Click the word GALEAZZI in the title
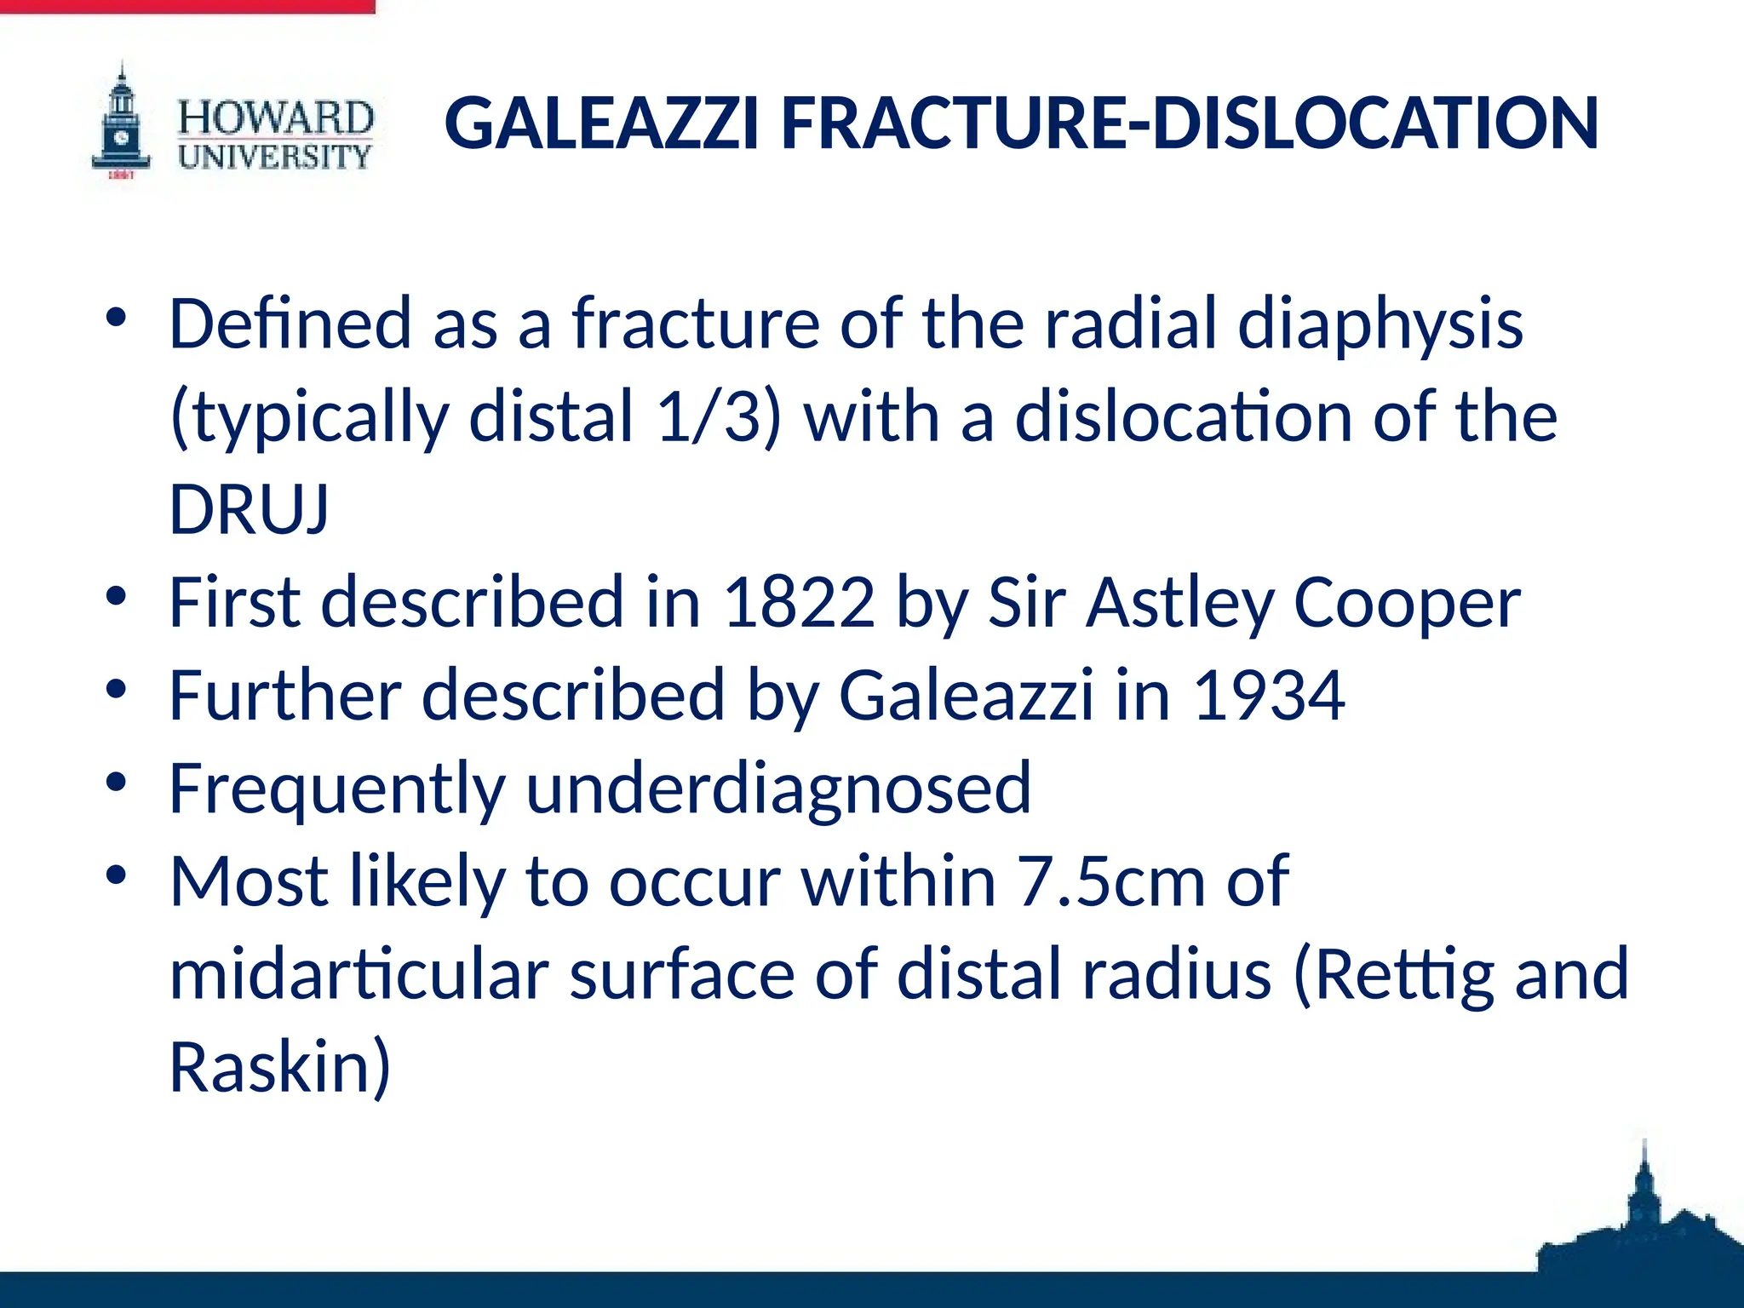pyautogui.click(x=600, y=124)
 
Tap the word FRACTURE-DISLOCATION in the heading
pyautogui.click(x=1190, y=124)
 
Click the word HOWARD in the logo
pyautogui.click(x=275, y=118)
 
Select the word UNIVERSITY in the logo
pyautogui.click(x=275, y=157)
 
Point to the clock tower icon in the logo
pyautogui.click(x=122, y=123)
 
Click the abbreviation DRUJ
pyautogui.click(x=249, y=509)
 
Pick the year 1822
pyautogui.click(x=799, y=602)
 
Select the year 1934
pyautogui.click(x=1269, y=695)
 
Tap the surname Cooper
pyautogui.click(x=1407, y=602)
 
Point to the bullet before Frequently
pyautogui.click(x=117, y=781)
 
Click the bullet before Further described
pyautogui.click(x=117, y=688)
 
